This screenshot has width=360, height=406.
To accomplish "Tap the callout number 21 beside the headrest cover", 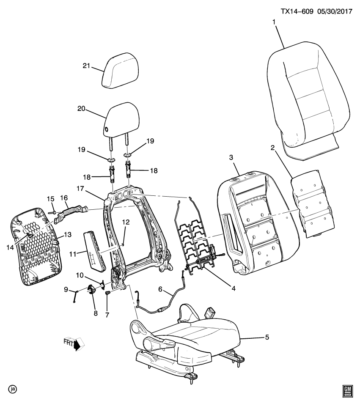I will (87, 65).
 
